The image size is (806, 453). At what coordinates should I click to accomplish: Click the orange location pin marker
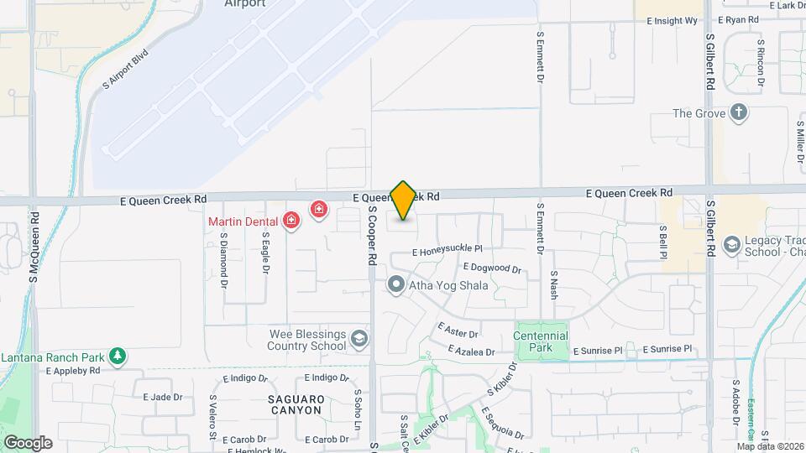403,200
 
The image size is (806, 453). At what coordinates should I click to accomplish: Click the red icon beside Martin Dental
291,221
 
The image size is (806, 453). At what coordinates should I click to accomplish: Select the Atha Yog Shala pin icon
395,285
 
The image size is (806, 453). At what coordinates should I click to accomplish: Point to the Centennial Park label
541,341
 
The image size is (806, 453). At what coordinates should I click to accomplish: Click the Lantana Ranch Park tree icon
118,357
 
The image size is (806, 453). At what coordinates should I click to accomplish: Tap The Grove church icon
739,113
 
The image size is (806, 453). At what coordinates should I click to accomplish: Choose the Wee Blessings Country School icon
359,339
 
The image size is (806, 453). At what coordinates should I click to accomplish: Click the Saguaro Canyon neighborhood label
296,404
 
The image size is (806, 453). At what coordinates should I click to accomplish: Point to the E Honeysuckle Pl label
447,250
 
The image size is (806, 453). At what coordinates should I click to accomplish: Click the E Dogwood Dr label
492,268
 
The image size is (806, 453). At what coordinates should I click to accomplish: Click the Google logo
28,442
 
